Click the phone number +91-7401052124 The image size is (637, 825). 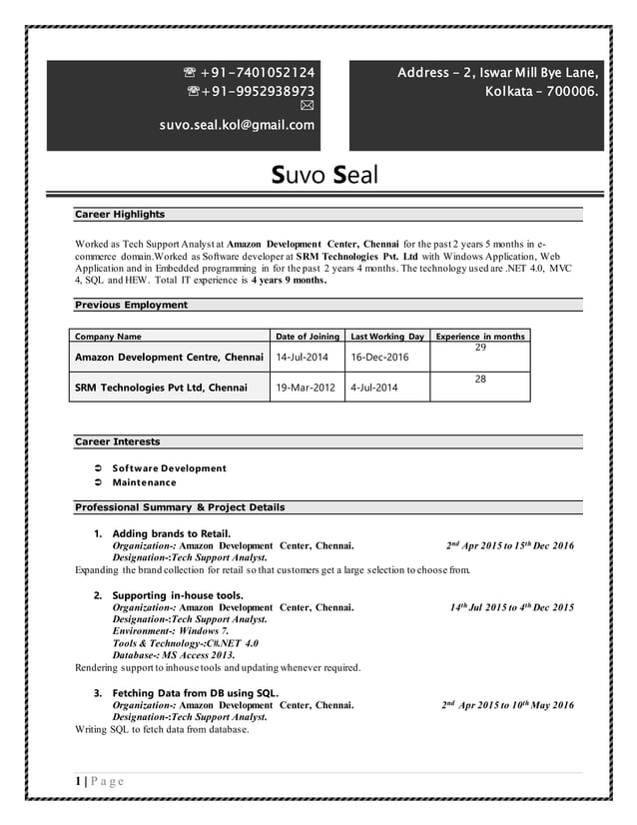[x=257, y=72]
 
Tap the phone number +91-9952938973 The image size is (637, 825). [x=257, y=91]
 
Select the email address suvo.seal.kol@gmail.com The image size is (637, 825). [x=237, y=125]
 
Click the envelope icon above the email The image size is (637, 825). [x=307, y=108]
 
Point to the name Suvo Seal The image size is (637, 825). [x=325, y=176]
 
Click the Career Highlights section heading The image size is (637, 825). [x=120, y=214]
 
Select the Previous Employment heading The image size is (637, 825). [x=131, y=305]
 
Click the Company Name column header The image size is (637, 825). [x=108, y=337]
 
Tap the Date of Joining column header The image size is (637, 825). [x=307, y=337]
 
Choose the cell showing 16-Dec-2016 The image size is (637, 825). [x=379, y=358]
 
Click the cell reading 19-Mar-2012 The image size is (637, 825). [x=307, y=388]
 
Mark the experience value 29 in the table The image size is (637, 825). [x=479, y=347]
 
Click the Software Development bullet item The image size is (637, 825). [x=169, y=467]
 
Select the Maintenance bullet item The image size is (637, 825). [x=144, y=482]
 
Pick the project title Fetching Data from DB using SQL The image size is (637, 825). [x=195, y=693]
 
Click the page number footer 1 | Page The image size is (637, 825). [x=100, y=780]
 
